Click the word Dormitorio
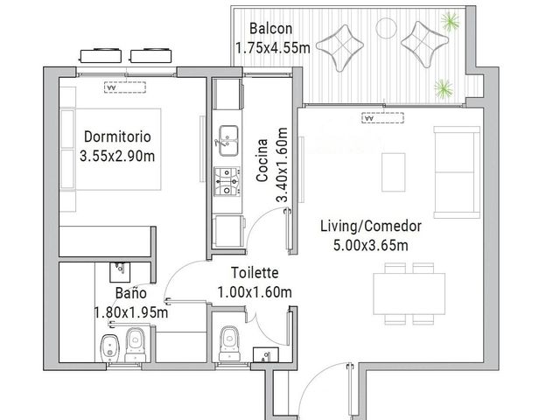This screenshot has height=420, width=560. coord(117,136)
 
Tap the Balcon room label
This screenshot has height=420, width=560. coord(270,29)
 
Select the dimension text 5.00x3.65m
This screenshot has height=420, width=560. coord(371,245)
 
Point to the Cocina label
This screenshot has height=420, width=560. coord(262,160)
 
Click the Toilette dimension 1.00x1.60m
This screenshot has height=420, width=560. coord(255,292)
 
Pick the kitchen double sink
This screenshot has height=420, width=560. coord(228,141)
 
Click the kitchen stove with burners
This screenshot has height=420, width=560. coord(227,182)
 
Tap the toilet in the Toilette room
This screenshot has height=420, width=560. coord(229,344)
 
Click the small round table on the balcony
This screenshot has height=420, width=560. coord(386,28)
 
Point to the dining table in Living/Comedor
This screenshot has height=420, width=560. coord(409,294)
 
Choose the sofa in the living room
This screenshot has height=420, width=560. coord(457,172)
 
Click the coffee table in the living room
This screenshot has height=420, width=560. coord(393,172)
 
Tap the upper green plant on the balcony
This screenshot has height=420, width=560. coord(450,21)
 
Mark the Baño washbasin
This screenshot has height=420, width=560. coord(120,272)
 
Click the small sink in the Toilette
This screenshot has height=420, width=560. coord(266,354)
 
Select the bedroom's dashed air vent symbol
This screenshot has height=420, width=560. coord(125,87)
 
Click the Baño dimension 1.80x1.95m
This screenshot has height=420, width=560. coord(131,313)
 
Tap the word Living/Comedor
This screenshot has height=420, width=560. coord(371,226)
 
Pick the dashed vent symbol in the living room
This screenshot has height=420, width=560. coord(383,118)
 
